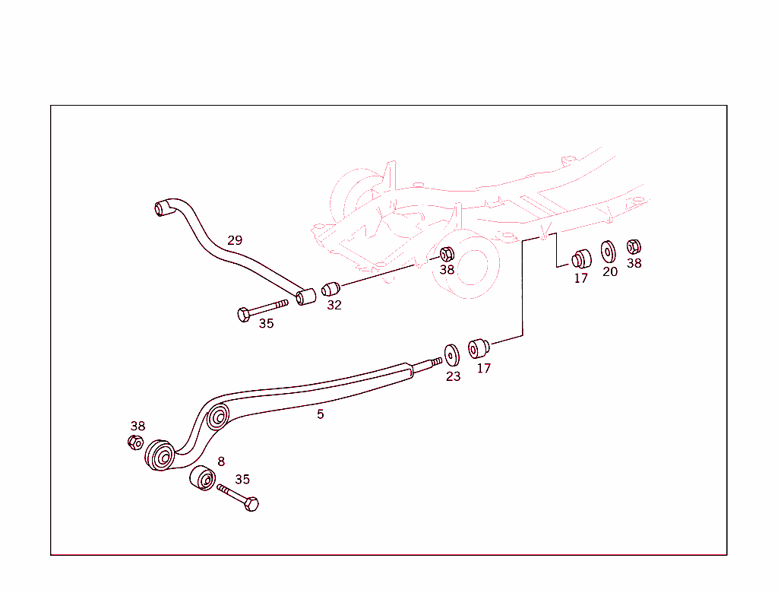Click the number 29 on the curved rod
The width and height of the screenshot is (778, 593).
[x=235, y=240]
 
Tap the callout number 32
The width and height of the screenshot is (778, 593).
[x=334, y=305]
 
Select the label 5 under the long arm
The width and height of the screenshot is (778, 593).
[x=321, y=414]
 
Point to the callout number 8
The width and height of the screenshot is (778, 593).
[x=221, y=461]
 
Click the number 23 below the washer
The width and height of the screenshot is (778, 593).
[x=453, y=376]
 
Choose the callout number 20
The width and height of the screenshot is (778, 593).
[x=610, y=271]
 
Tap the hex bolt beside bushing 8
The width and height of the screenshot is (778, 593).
[x=239, y=496]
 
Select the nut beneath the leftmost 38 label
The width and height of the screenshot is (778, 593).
[x=135, y=442]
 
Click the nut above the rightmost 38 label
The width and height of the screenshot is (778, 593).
[x=634, y=246]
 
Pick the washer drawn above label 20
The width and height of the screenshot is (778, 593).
[x=609, y=251]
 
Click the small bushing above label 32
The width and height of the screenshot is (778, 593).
[x=330, y=289]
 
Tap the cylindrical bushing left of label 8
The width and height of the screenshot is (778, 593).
[x=202, y=479]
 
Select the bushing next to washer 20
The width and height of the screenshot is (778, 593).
[x=581, y=258]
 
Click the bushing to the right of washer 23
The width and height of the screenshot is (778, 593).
[x=479, y=348]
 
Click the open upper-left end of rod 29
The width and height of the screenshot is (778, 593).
[x=161, y=207]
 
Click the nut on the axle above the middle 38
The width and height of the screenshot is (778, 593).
[x=448, y=253]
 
